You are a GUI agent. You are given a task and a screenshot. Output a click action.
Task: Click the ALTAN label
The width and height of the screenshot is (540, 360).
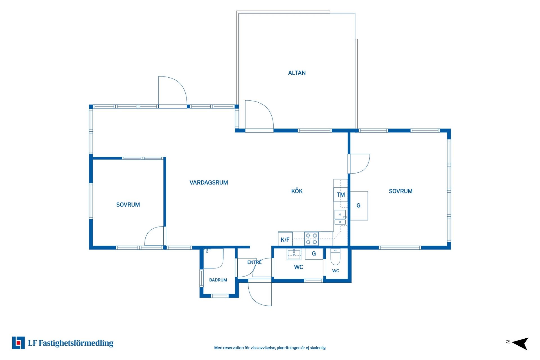coord(297,73)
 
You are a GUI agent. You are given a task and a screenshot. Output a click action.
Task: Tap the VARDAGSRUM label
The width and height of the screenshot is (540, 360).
coord(209,183)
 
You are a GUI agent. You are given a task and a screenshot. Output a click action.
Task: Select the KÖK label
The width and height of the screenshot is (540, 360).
coord(297,191)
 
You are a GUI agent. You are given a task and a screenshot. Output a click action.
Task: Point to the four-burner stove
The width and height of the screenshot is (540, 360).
coord(311,239)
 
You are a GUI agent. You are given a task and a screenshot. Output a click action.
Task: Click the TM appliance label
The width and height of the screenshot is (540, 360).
coord(341,195)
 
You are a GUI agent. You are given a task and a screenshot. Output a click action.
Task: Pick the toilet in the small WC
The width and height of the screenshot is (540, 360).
coord(335,256)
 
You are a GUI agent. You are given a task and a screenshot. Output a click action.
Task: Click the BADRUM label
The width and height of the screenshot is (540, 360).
coord(218,280)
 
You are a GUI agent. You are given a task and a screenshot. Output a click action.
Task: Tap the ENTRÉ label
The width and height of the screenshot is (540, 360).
coord(254,262)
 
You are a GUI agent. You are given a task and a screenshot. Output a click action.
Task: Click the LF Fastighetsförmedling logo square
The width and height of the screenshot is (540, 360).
coord(18,343)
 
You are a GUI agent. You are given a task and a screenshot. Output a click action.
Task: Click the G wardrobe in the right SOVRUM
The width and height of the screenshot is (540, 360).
coord(359,206)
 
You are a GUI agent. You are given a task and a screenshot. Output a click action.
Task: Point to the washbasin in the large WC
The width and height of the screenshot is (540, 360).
coord(294,254)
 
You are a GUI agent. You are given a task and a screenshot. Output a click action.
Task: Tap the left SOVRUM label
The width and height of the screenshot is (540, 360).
coord(128,205)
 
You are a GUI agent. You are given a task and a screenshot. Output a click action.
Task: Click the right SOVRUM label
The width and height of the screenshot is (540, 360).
coord(400,191)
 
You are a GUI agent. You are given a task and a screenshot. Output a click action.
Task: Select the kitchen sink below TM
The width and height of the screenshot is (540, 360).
coord(340,217)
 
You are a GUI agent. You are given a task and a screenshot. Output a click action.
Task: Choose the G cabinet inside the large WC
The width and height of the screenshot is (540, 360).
coord(314,254)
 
